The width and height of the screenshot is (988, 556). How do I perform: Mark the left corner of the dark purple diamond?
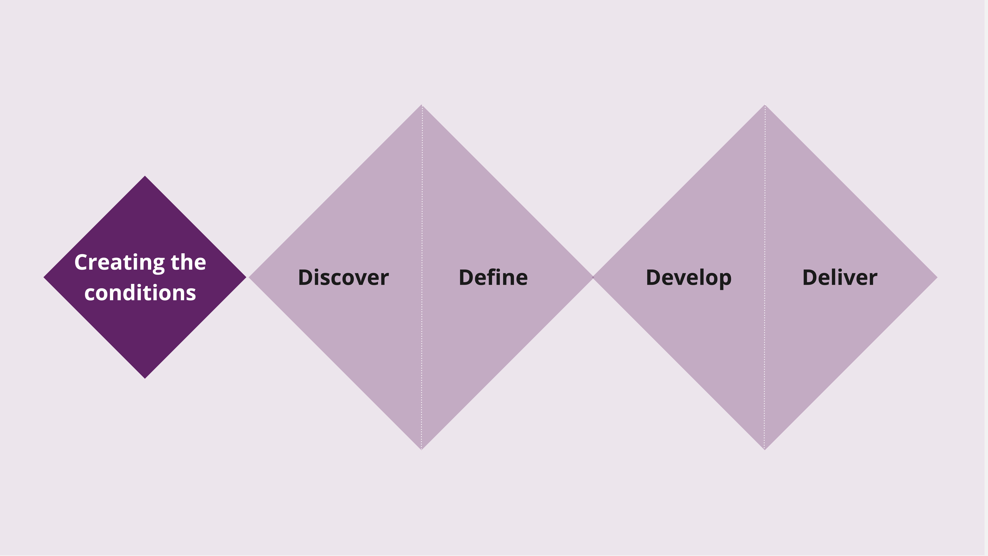coord(44,277)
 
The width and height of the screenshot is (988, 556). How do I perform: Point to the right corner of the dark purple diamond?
coord(246,277)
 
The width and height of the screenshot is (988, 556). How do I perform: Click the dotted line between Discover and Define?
coord(422,277)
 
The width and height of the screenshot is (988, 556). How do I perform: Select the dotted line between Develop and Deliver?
coord(765,277)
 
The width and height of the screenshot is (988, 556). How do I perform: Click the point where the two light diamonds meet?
coord(593,277)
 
